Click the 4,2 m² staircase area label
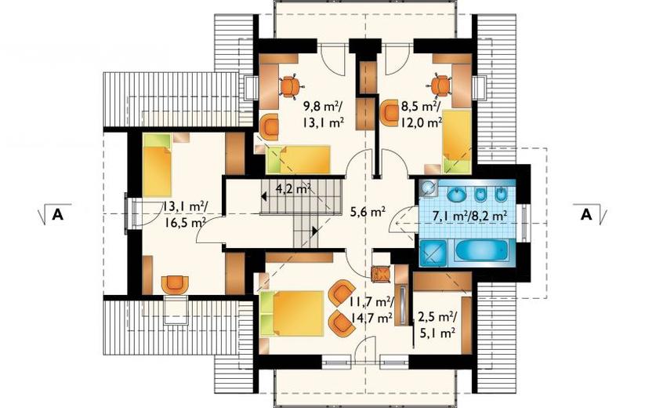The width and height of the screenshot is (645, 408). tap(292, 189)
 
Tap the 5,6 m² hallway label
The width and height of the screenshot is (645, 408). tap(368, 212)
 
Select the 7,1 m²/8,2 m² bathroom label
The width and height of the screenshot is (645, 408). tap(469, 215)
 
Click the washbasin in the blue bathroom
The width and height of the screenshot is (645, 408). tap(455, 195)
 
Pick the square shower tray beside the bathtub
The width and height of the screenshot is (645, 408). tap(433, 253)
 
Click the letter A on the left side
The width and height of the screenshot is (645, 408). tap(57, 214)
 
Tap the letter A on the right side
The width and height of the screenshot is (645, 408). tap(586, 214)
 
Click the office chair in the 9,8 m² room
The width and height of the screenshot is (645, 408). tap(292, 86)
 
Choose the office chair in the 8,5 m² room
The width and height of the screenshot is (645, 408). tap(440, 86)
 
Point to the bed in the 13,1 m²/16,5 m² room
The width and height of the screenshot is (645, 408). tap(158, 166)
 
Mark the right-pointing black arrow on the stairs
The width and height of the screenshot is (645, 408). tap(315, 231)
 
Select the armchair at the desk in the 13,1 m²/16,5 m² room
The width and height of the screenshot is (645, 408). tap(176, 285)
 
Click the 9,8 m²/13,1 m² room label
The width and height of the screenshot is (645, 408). tap(324, 115)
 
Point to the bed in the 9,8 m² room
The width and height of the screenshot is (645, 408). tap(299, 159)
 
